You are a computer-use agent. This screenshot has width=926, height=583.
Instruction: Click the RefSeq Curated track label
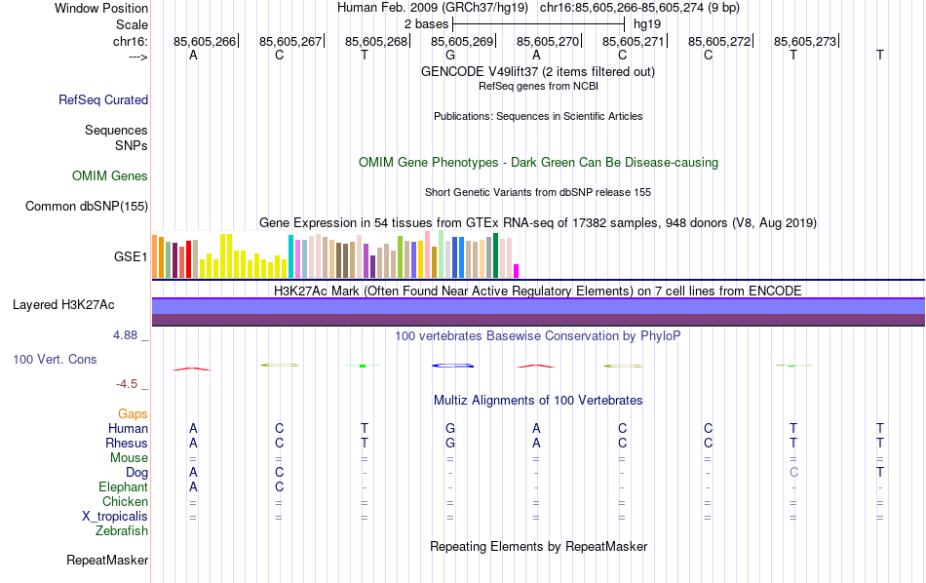103,99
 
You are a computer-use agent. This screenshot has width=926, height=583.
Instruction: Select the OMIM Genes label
110,176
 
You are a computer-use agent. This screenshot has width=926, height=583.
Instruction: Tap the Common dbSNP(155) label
87,206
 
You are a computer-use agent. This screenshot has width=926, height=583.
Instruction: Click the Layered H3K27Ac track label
63,305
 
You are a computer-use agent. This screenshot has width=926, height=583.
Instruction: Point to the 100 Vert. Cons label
55,360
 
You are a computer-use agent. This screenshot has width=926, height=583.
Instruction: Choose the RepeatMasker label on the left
107,561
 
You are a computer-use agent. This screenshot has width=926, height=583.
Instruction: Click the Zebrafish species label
122,531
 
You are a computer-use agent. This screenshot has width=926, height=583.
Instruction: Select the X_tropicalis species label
115,517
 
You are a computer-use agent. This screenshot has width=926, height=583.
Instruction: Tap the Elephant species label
123,487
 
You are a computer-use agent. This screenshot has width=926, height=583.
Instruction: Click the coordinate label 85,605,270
548,42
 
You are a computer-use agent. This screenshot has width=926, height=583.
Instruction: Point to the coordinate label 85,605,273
805,42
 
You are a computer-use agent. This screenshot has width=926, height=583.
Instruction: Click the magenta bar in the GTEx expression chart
517,271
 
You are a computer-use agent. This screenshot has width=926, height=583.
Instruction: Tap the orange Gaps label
133,414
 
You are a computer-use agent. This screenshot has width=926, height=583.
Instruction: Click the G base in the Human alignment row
450,429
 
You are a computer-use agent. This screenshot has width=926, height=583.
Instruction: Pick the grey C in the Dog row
793,473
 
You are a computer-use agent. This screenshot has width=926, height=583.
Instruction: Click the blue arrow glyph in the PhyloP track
452,366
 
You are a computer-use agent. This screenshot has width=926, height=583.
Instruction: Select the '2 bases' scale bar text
426,22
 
